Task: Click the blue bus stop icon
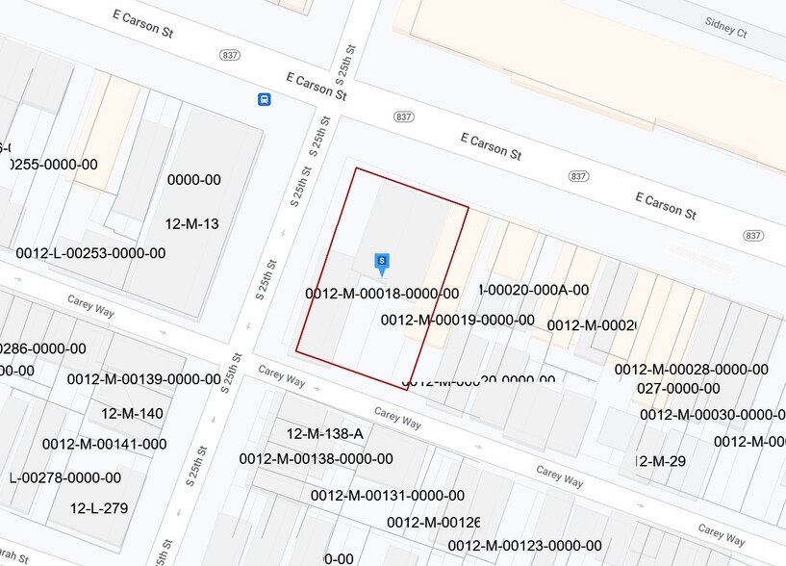264,99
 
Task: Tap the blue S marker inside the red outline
382,262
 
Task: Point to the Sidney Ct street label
725,30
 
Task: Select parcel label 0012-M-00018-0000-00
382,294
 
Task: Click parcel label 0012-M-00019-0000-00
457,320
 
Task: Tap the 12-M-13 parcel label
192,224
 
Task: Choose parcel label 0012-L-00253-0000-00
90,253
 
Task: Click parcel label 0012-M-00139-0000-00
143,379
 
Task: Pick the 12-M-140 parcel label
132,414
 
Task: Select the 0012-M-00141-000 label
104,444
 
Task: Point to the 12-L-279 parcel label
99,507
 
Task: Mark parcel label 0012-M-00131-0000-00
387,495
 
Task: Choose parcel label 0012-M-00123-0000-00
524,546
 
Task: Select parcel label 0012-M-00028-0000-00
691,370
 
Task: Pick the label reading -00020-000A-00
533,290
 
